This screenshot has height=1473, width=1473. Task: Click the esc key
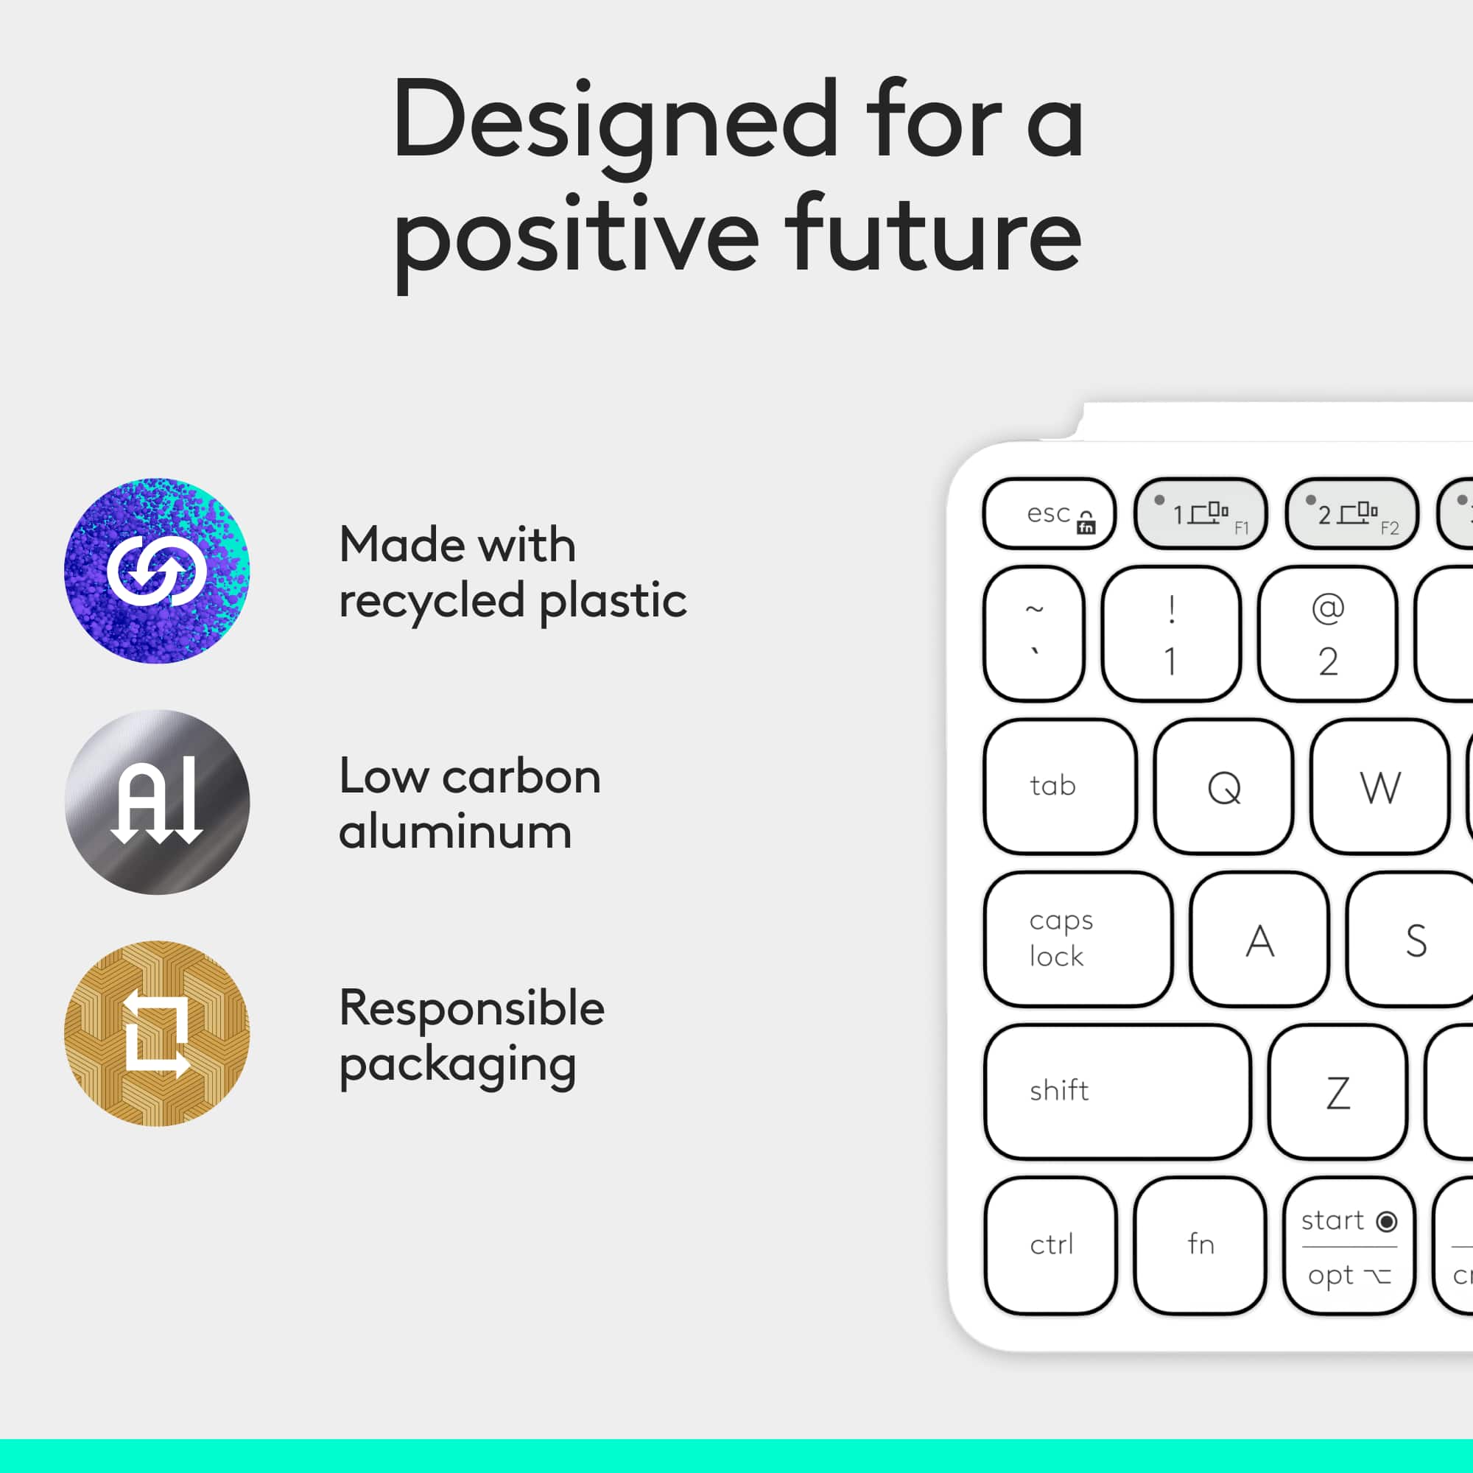coord(1049,514)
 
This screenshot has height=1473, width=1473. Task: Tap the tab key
coord(1060,786)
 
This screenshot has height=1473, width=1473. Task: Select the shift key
coord(1117,1091)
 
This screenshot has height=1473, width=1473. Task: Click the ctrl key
coord(1051,1245)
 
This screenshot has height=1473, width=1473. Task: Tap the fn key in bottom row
coord(1200,1245)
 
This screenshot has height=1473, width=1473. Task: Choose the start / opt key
coord(1349,1245)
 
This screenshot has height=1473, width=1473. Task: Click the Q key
coord(1223,786)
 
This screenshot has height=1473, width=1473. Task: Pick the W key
coord(1379,786)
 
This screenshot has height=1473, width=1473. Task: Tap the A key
coord(1259,939)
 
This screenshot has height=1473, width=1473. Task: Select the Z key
coord(1338,1091)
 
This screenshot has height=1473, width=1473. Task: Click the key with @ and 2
coord(1327,633)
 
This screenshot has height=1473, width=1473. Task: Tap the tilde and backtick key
coord(1034,633)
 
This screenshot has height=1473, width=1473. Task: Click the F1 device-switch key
coord(1200,514)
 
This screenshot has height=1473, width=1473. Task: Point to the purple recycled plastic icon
coord(157,570)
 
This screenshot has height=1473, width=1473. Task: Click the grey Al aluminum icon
coord(157,801)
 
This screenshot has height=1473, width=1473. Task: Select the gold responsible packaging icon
coord(157,1033)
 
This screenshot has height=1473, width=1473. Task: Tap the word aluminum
coord(455,832)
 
